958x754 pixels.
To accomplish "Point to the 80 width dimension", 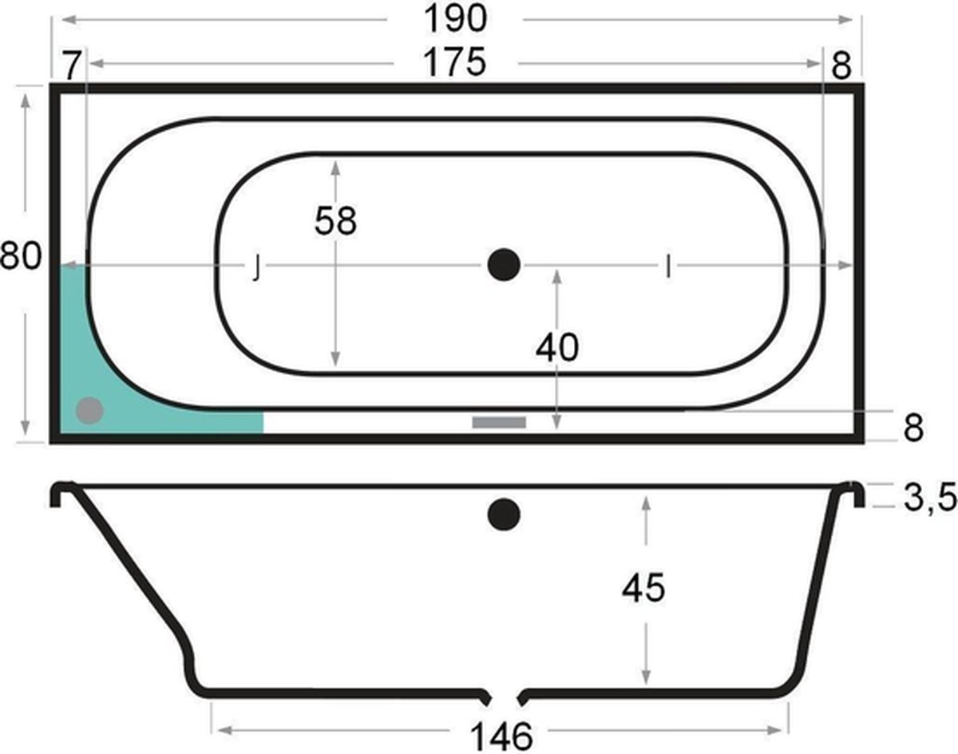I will (x=20, y=258).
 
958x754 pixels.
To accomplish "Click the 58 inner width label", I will (x=335, y=221).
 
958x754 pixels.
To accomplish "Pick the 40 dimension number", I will (x=556, y=348).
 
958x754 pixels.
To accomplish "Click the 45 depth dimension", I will (x=644, y=588).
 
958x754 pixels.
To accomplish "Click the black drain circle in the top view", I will (x=504, y=264).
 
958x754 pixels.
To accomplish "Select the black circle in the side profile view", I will (x=504, y=515).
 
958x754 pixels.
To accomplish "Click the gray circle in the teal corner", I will (x=89, y=411).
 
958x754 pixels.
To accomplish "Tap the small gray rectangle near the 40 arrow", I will (x=499, y=422).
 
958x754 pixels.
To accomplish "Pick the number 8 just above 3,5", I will (x=913, y=428).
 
